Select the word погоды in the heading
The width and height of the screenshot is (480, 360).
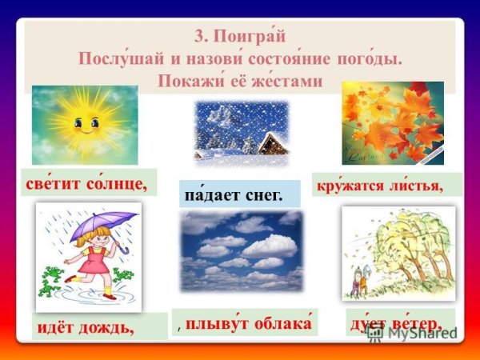click(x=370, y=59)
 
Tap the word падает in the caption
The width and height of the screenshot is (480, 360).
click(x=210, y=194)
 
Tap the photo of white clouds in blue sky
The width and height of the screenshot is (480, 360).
click(x=242, y=250)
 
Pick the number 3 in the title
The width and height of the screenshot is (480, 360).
click(x=198, y=37)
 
